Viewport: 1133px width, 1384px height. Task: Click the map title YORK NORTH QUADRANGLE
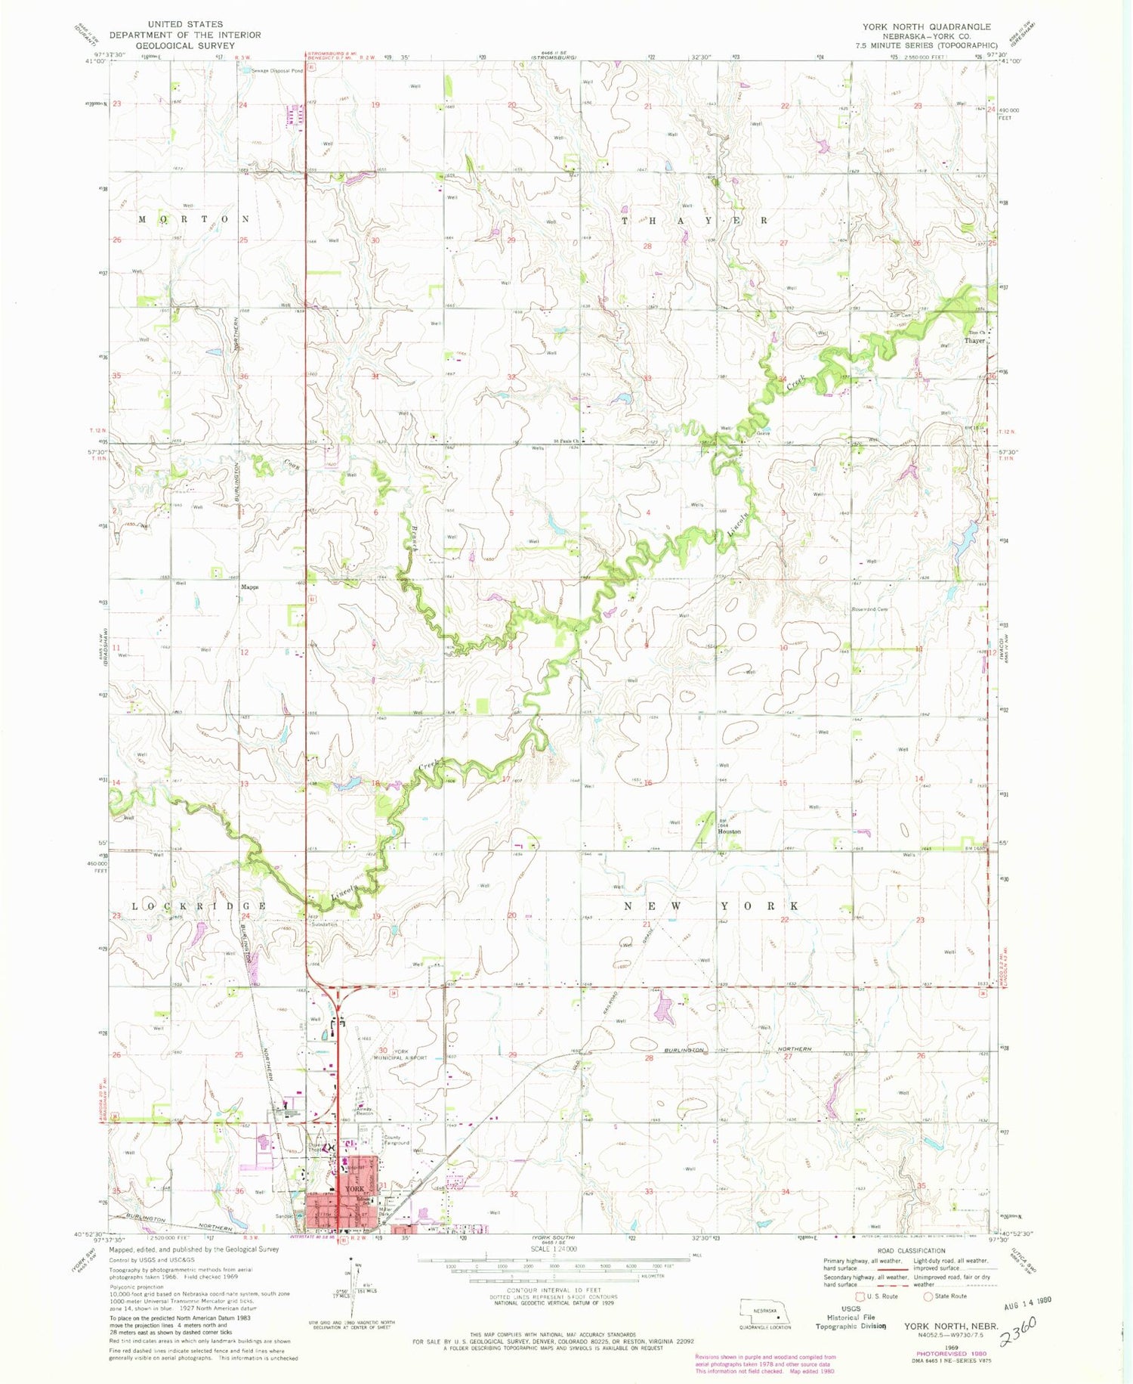point(926,26)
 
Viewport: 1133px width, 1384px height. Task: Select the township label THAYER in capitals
point(694,221)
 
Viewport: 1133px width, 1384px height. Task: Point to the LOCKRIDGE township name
point(199,906)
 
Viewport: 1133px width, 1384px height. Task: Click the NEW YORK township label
point(711,906)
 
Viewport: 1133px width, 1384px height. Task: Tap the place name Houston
point(729,831)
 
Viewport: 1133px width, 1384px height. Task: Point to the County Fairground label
point(397,1139)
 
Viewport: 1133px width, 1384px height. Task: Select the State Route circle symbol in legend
point(929,1296)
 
